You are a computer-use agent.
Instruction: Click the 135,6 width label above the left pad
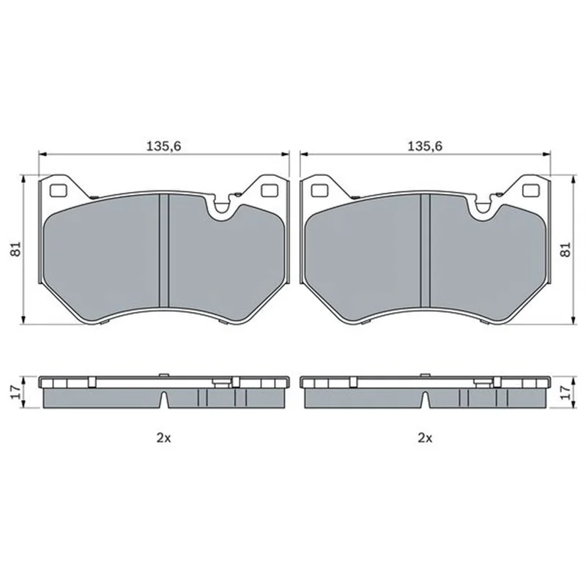pyautogui.click(x=163, y=146)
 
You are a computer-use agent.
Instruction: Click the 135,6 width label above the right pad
pyautogui.click(x=425, y=146)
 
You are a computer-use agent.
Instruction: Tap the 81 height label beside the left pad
pyautogui.click(x=15, y=249)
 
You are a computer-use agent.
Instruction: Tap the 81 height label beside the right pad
pyautogui.click(x=566, y=249)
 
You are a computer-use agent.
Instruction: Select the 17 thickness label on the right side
pyautogui.click(x=566, y=392)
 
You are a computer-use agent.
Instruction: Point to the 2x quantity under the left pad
pyautogui.click(x=163, y=437)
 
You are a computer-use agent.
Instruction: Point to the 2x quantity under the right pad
pyautogui.click(x=425, y=437)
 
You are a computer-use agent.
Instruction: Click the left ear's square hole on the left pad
pyautogui.click(x=58, y=191)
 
